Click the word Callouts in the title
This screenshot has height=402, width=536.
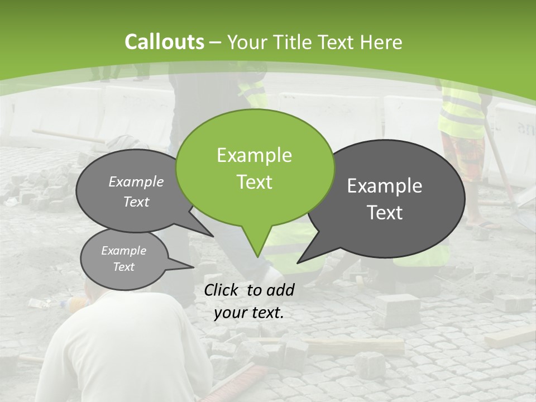click(164, 42)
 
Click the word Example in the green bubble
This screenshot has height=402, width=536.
click(254, 155)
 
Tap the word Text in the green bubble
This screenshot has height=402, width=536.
click(255, 182)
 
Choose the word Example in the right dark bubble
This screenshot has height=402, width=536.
click(385, 186)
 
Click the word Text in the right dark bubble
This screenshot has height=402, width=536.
click(385, 213)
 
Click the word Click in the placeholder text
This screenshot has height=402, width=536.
click(222, 290)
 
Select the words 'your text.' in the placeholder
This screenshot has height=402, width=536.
click(249, 313)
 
